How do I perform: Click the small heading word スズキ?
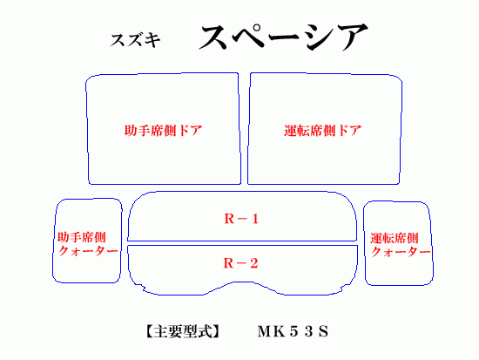coord(135,40)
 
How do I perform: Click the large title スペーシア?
coord(284,37)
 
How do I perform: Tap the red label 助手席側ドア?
coord(164,131)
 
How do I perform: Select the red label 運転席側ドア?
coord(323,131)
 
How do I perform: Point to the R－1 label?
coord(241,219)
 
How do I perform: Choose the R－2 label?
coord(241,263)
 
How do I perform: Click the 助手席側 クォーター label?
coord(88,244)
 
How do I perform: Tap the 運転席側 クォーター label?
coord(401,245)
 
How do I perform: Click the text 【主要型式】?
coord(182,331)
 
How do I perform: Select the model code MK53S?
coord(293,331)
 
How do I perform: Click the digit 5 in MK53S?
coord(293,331)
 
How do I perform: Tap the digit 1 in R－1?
coord(255,219)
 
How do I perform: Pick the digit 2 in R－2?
coord(253,263)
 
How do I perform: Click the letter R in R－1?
coord(229,219)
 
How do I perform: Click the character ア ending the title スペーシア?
coord(353,37)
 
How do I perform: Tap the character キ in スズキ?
coord(152,40)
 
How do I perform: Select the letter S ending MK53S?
coord(324,331)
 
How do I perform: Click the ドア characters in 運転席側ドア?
coord(349,131)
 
